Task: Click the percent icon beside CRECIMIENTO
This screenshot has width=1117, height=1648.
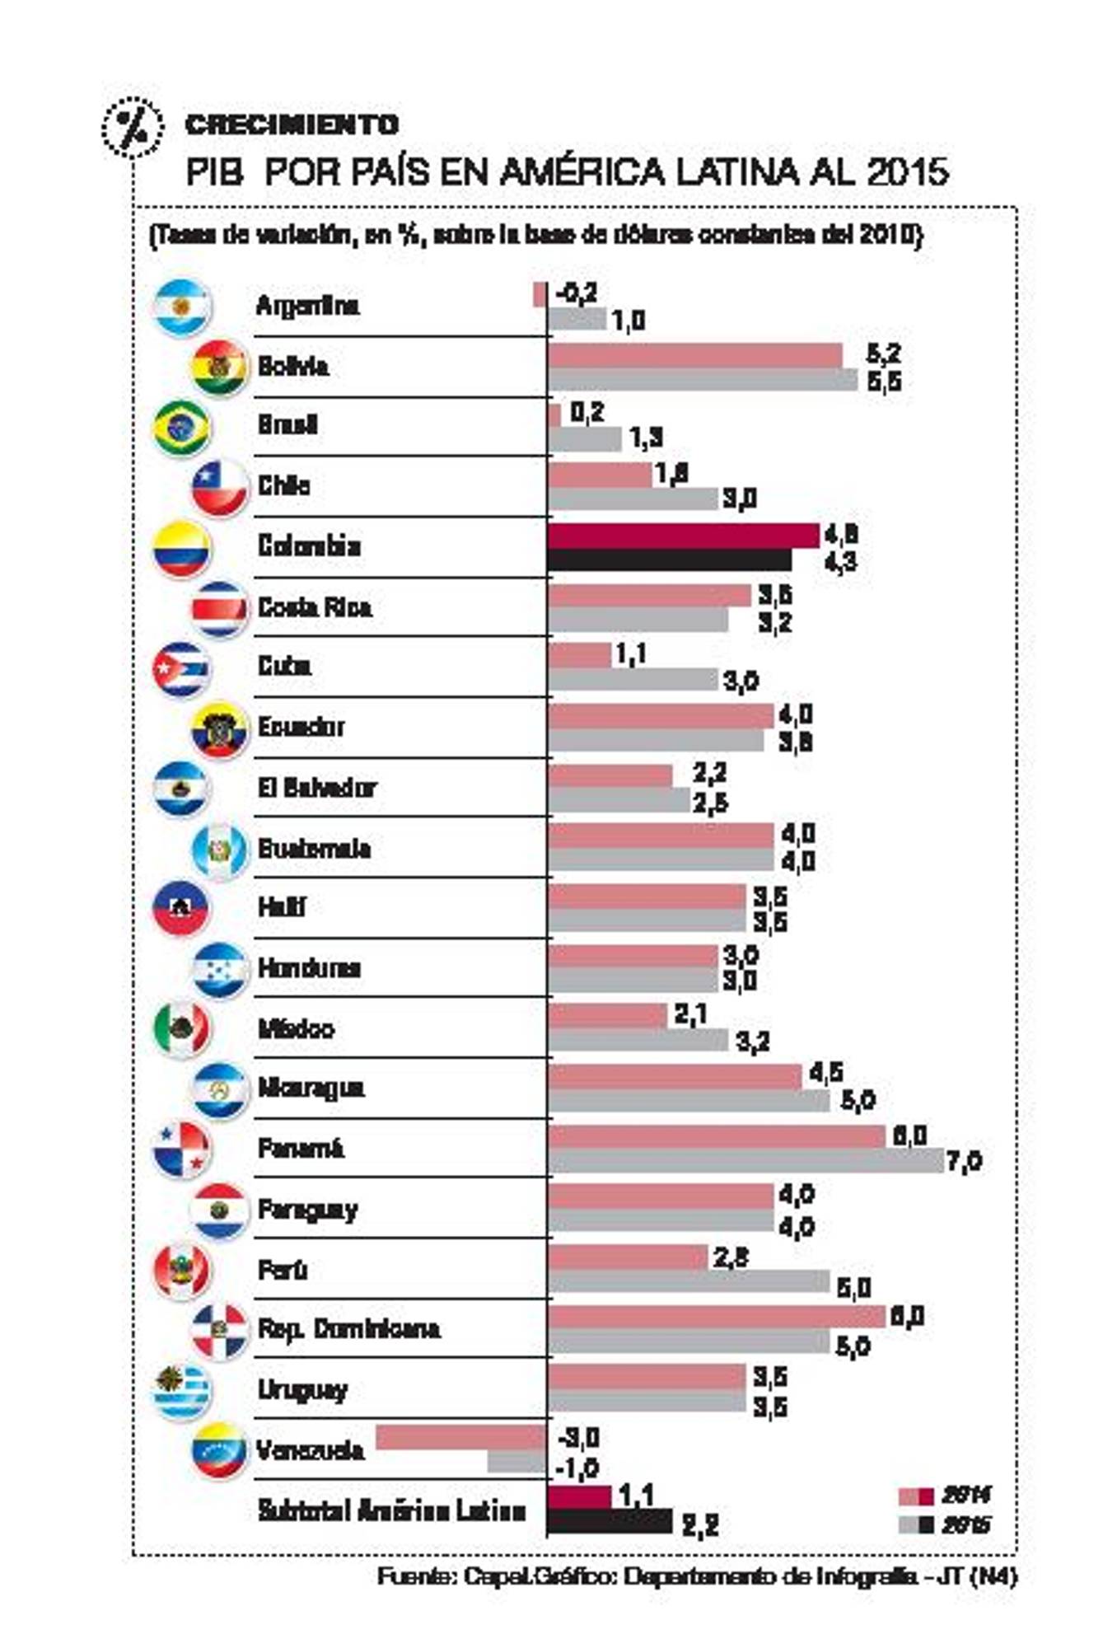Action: [131, 126]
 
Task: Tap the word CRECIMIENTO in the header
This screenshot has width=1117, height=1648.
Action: [292, 124]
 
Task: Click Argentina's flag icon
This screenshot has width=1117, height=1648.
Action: [182, 307]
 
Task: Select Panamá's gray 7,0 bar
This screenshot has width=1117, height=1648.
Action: [745, 1161]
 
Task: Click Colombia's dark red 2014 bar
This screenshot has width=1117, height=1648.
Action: [682, 536]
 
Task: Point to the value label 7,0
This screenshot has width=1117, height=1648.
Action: [963, 1163]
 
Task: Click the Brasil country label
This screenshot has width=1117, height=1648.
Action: [287, 425]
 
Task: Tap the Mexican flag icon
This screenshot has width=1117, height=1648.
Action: [182, 1028]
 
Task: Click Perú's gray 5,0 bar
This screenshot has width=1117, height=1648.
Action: [688, 1281]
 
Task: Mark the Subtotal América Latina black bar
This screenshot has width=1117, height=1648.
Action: [610, 1521]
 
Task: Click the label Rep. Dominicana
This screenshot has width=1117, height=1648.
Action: [348, 1328]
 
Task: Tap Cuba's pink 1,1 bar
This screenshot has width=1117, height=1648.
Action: [579, 656]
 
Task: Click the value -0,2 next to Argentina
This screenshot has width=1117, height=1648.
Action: [576, 293]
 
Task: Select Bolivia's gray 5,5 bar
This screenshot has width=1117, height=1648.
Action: [702, 380]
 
